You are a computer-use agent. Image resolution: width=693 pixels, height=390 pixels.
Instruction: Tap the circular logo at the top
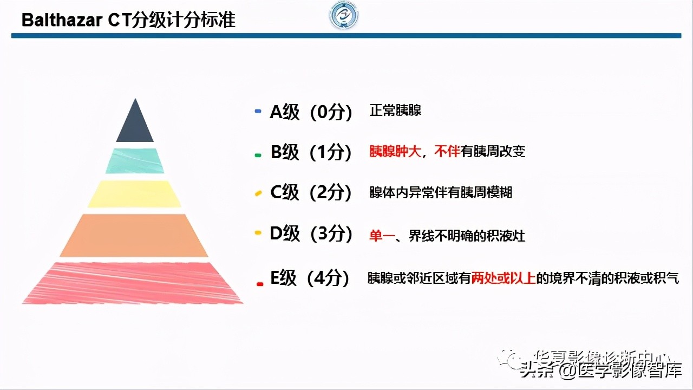344,17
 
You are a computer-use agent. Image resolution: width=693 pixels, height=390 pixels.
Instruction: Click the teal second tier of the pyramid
135,161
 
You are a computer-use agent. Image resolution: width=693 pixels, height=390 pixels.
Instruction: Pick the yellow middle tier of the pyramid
135,194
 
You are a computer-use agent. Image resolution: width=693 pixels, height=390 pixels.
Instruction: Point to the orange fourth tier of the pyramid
134,236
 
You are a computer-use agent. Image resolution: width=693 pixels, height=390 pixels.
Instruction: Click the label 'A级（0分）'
311,112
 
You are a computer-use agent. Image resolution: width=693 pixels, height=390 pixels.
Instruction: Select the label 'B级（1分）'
311,152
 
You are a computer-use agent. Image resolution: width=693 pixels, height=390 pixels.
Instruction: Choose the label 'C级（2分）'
311,192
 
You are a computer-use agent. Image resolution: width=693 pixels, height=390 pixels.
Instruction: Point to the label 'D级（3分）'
311,234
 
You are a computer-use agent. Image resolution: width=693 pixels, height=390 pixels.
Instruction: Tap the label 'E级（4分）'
310,278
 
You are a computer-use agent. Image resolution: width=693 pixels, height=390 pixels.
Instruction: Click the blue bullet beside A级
258,113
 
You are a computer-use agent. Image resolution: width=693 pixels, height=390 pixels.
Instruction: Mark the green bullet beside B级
258,155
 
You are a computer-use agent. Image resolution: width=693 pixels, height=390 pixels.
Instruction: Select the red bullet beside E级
260,283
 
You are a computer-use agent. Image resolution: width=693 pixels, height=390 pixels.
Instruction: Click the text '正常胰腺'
395,111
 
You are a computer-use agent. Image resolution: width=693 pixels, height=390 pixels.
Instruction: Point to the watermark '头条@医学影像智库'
601,371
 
